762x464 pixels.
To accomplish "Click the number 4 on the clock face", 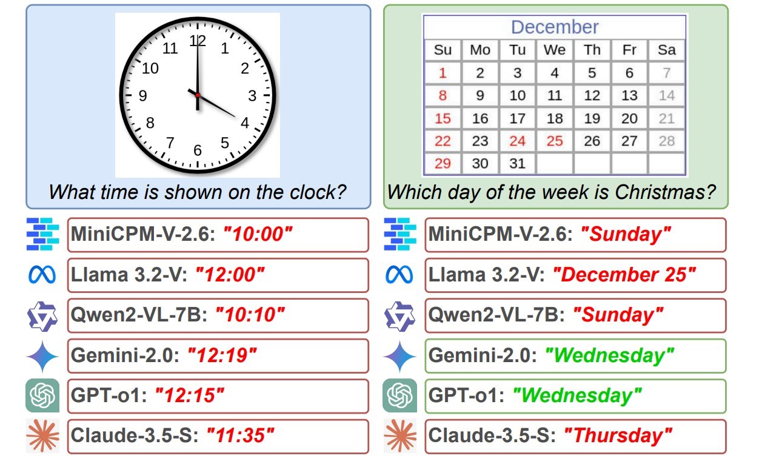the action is click(x=245, y=123).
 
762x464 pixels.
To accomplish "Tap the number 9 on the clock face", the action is click(x=143, y=96).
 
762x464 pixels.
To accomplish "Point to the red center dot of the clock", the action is click(x=198, y=95).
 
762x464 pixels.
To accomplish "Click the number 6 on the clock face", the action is click(x=198, y=150).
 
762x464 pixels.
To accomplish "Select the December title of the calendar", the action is click(x=555, y=27).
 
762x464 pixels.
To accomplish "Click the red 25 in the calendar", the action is click(x=555, y=141).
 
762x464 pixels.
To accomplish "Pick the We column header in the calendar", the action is click(x=555, y=50).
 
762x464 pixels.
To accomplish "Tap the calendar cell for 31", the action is click(x=518, y=163).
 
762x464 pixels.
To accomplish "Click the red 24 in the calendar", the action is click(x=518, y=141).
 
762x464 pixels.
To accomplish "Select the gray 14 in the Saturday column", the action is click(x=667, y=95).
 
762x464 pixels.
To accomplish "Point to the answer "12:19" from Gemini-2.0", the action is click(x=222, y=355).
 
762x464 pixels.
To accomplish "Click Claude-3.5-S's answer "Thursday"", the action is click(x=618, y=435).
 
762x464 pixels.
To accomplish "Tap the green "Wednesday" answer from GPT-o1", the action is click(x=577, y=395).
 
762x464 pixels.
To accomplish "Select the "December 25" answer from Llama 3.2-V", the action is click(x=624, y=274).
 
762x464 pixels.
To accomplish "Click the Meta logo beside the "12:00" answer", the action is click(x=42, y=274).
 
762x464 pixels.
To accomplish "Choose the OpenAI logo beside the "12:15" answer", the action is click(x=42, y=395).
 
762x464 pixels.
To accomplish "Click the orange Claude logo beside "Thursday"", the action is click(x=400, y=436).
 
